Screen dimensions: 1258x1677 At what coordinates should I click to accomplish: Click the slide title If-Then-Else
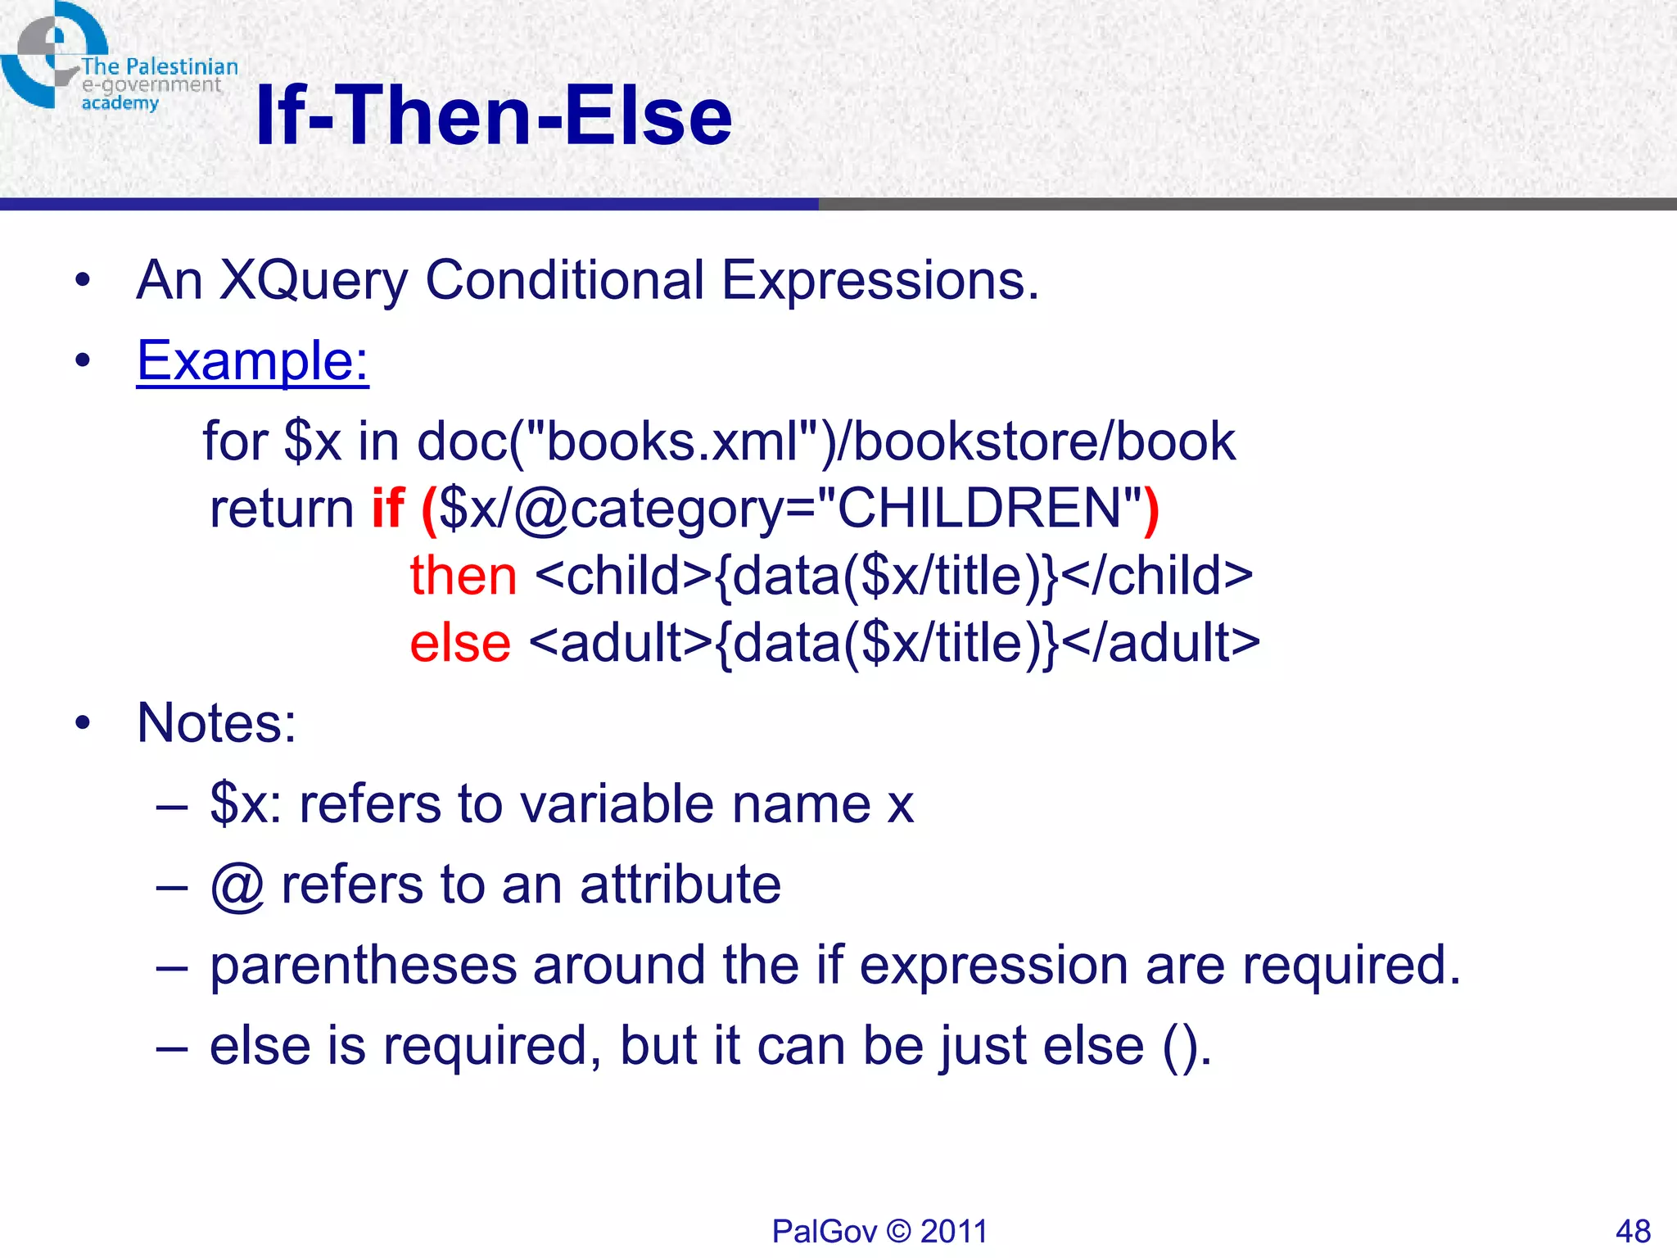click(493, 116)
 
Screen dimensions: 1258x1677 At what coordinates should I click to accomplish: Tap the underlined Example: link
click(252, 360)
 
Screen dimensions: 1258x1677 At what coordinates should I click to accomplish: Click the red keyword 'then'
click(463, 576)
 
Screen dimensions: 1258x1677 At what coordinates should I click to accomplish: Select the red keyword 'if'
click(388, 509)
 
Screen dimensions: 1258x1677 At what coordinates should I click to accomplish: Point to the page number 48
click(1633, 1231)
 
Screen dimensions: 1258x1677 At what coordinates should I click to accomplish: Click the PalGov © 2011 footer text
click(879, 1231)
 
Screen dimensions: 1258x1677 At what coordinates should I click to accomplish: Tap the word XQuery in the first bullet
click(313, 281)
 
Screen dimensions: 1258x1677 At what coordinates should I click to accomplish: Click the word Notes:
click(216, 723)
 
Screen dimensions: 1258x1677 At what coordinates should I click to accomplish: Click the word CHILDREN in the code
click(979, 509)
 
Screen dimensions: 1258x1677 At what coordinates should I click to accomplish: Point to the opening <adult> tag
click(621, 643)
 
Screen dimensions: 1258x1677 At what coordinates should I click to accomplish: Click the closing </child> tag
click(1159, 576)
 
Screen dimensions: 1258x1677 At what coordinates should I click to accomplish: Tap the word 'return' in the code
click(282, 509)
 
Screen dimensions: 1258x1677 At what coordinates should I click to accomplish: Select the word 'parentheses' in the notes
click(364, 965)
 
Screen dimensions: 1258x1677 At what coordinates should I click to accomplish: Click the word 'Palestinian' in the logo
click(182, 66)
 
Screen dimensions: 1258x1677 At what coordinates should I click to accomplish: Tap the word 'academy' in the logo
click(120, 103)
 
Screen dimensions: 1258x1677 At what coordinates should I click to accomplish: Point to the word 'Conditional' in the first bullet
click(564, 281)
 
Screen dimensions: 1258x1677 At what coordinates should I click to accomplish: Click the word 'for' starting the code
click(235, 442)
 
